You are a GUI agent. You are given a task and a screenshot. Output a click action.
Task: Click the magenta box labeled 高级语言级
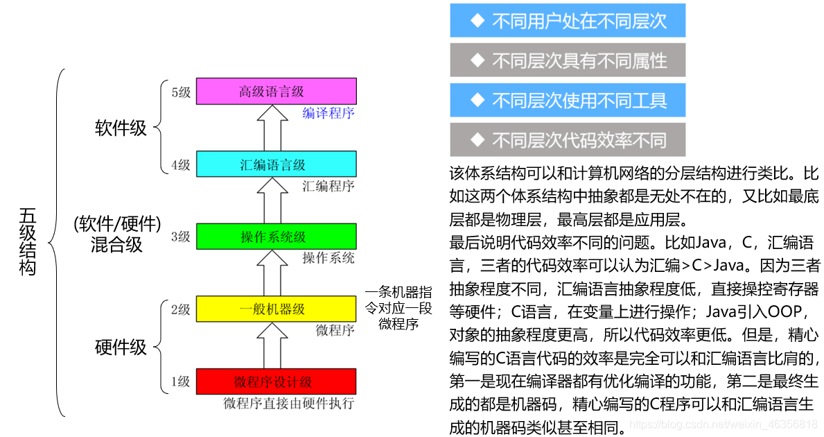pos(276,91)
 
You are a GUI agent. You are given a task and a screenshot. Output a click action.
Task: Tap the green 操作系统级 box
pos(276,236)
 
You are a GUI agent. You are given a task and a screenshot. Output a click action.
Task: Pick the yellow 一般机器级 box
pos(276,309)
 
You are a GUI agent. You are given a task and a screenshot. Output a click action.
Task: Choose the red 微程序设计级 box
pos(276,381)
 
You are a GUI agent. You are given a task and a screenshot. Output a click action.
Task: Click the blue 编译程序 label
pos(328,113)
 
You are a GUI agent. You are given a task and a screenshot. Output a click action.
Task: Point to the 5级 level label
pos(180,92)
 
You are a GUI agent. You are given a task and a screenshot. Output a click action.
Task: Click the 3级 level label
pos(180,237)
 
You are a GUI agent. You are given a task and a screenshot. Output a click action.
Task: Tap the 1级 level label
pos(180,382)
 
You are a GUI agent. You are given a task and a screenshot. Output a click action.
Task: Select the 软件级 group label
pos(121,128)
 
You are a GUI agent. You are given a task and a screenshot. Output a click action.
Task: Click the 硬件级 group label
pos(121,346)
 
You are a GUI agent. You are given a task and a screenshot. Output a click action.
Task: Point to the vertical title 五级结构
pos(28,242)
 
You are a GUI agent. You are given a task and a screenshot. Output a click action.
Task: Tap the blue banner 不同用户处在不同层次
pos(568,21)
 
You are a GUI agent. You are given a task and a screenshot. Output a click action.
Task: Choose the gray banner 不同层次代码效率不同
pos(568,140)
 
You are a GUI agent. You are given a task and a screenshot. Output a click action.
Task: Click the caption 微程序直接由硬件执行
pos(288,403)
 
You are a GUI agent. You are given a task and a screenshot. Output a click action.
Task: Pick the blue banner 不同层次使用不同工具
pos(568,100)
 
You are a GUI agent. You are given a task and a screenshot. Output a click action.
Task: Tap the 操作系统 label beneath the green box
pos(328,258)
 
